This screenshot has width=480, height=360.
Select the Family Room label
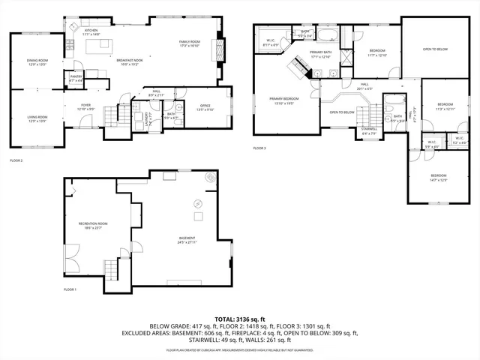pos(189,43)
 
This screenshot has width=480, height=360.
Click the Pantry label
pos(76,77)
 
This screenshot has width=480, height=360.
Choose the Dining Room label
pos(37,62)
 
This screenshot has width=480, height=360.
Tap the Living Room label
pos(37,118)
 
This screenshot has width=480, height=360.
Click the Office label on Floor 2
pos(204,107)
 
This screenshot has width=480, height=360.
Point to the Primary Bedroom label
pos(284,100)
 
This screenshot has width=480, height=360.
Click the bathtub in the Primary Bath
pos(328,34)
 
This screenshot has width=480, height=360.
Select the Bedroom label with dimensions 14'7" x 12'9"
pos(438,177)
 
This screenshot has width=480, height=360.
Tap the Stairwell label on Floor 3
pos(369,130)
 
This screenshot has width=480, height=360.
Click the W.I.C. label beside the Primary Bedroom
pos(271,43)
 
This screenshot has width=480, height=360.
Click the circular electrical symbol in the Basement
pos(199,202)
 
